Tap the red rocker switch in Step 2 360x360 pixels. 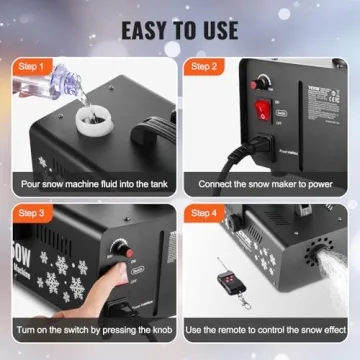pyautogui.click(x=264, y=108)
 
